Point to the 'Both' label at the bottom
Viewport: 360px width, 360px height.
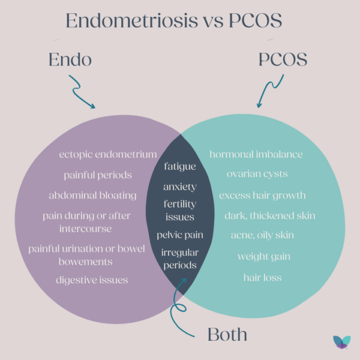[x=228, y=334]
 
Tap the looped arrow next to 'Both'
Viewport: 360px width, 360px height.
[x=179, y=306]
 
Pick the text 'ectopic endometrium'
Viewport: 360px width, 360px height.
[x=108, y=155]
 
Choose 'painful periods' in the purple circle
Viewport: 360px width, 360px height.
[x=98, y=175]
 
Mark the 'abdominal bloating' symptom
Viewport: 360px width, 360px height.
[x=99, y=195]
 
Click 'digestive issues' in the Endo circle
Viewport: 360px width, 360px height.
[x=92, y=280]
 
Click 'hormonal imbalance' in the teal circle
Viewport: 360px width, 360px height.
[x=256, y=155]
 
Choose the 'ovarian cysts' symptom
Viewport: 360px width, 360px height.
[x=257, y=174]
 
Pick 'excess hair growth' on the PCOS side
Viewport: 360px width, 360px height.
[x=262, y=195]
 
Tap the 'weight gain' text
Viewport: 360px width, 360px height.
[x=264, y=257]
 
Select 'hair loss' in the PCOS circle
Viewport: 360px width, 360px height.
[x=262, y=277]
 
